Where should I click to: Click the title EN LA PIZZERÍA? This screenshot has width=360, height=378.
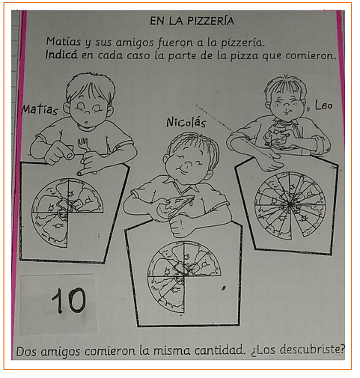(x=192, y=21)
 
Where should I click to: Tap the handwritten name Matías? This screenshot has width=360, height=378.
(x=40, y=109)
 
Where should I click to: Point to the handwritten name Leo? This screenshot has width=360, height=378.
(x=323, y=106)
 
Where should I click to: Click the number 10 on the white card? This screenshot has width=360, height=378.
(x=68, y=301)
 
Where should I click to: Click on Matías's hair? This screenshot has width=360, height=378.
(x=90, y=86)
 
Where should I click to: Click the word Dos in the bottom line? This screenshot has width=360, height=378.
(x=27, y=351)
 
